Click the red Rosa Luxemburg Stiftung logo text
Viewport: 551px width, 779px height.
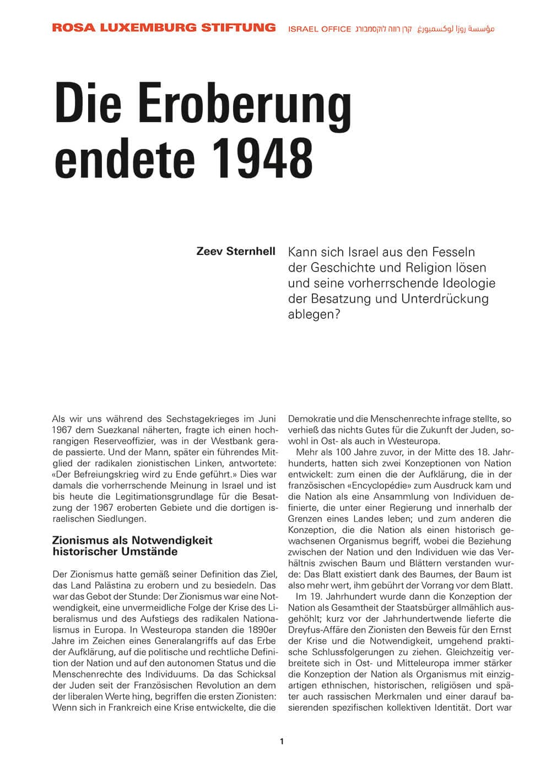(164, 27)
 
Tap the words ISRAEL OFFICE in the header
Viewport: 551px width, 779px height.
(320, 29)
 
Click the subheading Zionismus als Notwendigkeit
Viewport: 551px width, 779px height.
(132, 540)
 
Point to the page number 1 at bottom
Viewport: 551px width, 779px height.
(282, 742)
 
